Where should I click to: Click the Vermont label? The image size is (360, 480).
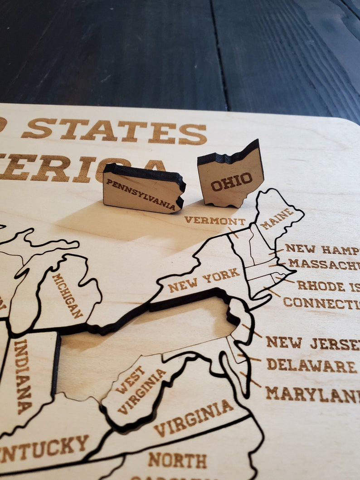(214, 221)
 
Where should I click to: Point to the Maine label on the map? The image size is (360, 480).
(277, 218)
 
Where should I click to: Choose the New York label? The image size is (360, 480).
(204, 280)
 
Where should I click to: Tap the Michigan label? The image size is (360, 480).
(68, 295)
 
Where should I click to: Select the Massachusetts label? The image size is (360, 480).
(324, 264)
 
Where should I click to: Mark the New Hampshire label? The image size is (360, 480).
(322, 249)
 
